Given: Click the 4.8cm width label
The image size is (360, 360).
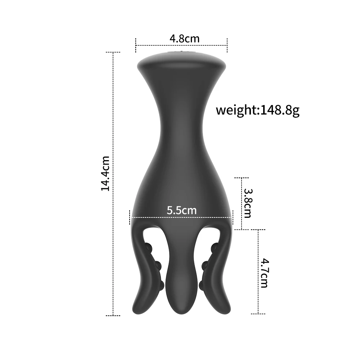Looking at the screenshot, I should click(x=184, y=38).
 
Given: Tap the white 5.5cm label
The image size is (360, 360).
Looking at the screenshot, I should click(x=181, y=210).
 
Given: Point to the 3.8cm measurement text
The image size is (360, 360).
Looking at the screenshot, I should click(x=247, y=203).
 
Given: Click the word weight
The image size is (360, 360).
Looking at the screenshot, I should click(x=237, y=110).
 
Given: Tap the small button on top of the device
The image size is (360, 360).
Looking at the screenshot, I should click(x=181, y=53).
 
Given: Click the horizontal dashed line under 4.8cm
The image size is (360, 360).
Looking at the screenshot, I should click(x=181, y=45).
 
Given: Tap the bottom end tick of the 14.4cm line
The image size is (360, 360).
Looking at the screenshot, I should click(x=113, y=315).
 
